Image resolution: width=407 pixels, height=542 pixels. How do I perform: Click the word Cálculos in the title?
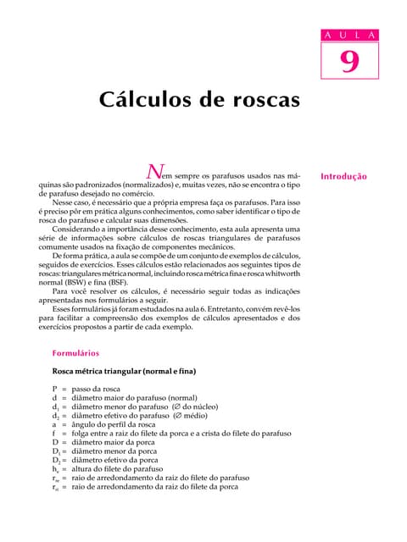(x=151, y=99)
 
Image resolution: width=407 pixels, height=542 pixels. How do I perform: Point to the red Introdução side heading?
(x=343, y=177)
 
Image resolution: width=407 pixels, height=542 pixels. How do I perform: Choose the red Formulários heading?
(x=75, y=352)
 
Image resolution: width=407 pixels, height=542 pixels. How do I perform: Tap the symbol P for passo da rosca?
(x=54, y=388)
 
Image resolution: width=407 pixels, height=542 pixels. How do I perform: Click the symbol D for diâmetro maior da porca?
(x=55, y=441)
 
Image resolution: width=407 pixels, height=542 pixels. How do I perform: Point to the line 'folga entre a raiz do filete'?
(x=127, y=432)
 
